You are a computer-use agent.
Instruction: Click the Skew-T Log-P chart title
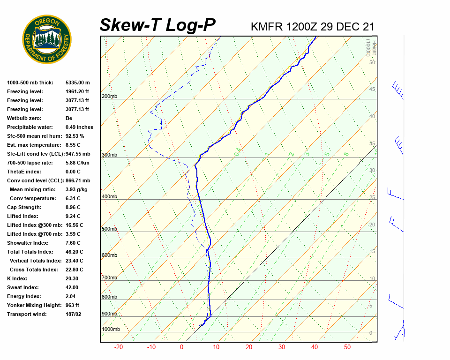click(158, 25)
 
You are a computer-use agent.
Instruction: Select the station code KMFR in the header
click(267, 27)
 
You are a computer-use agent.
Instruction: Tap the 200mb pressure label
click(109, 97)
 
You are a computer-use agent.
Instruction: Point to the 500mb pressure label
click(109, 229)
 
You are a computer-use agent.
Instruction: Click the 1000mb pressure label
click(111, 329)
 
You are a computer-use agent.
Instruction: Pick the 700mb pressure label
click(109, 277)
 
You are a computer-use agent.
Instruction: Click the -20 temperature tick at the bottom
click(119, 347)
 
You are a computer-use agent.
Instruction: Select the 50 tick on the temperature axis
click(347, 347)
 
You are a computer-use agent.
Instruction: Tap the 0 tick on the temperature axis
click(181, 347)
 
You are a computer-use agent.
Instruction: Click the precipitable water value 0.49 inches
click(79, 127)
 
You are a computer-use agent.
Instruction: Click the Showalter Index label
click(28, 243)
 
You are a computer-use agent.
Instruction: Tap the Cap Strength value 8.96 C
click(73, 207)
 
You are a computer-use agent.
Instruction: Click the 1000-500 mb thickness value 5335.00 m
click(78, 82)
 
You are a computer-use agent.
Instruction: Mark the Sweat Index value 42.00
click(73, 287)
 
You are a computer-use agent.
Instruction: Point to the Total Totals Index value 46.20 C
click(75, 252)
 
